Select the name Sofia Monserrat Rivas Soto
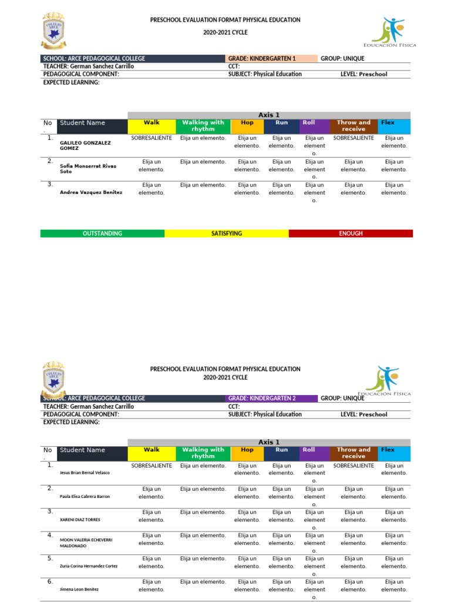(x=88, y=169)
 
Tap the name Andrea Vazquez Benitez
(x=91, y=192)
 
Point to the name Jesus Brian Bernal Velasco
(x=85, y=473)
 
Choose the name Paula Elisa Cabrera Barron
(x=85, y=496)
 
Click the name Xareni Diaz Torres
(x=80, y=520)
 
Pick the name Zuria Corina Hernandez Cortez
(x=89, y=566)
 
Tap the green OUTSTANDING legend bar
(x=102, y=233)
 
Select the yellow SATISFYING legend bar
(x=226, y=233)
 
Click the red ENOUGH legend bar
(x=351, y=233)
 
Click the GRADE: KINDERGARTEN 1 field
(x=271, y=59)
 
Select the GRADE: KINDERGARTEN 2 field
(x=271, y=398)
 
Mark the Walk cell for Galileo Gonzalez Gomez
(x=152, y=138)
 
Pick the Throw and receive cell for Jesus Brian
(x=353, y=465)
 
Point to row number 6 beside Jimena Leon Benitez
(x=51, y=581)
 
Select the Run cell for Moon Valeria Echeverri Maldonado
(x=281, y=539)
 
